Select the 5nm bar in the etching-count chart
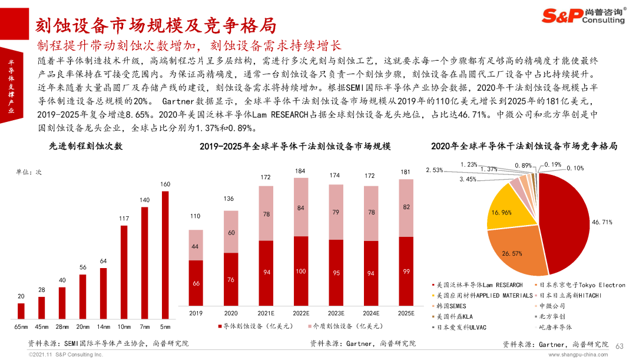tap(165, 255)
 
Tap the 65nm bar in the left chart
tap(21, 311)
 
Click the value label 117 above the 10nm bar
tap(124, 219)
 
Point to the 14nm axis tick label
tap(104, 327)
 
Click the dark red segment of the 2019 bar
tap(196, 283)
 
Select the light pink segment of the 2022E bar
tap(300, 207)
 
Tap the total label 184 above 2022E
tap(300, 171)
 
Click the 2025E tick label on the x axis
tap(406, 313)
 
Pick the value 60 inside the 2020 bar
tap(231, 233)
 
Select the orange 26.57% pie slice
tap(515, 250)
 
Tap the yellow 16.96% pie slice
tap(510, 209)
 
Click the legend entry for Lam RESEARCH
tap(478, 285)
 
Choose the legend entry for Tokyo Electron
tap(580, 285)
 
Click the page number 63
tap(620, 346)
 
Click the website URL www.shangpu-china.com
tap(578, 355)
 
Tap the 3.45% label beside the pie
tap(468, 179)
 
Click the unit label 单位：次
tap(29, 172)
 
